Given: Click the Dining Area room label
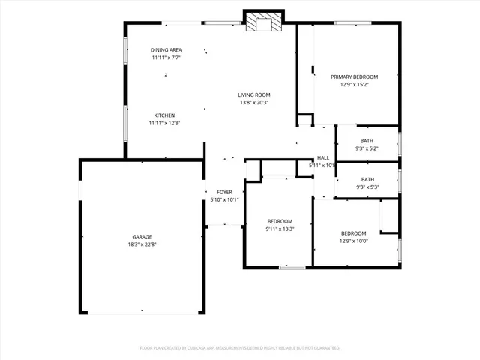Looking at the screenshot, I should point(166,49).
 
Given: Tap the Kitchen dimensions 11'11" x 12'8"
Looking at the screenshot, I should point(165,123).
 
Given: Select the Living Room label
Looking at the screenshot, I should point(254,94).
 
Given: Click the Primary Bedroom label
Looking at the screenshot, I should point(354,76).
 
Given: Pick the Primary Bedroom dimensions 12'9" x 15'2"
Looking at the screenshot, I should point(354,84).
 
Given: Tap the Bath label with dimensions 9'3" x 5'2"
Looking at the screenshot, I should point(367,141).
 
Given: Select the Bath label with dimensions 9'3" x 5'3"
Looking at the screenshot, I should point(367,179).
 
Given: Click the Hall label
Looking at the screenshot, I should point(323,157).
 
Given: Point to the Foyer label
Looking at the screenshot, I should point(224,193).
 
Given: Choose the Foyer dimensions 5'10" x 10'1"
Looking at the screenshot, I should point(224,200).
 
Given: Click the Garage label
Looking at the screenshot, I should point(142,236).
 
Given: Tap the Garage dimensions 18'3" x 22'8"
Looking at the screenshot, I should point(142,244).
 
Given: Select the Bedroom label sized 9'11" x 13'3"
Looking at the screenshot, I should point(280,221).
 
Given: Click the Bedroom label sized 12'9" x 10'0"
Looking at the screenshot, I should point(353,233).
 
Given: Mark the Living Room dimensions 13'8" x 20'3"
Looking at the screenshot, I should point(254,102).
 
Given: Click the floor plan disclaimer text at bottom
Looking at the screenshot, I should point(240,348).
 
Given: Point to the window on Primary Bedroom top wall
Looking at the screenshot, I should point(350,22).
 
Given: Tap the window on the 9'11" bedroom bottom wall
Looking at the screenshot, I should point(292,267).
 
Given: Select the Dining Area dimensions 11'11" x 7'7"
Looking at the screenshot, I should point(166,57).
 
